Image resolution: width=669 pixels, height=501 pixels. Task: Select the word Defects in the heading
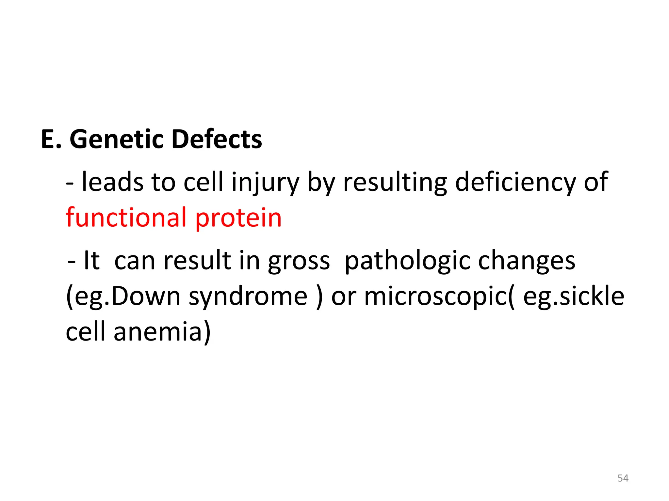click(x=217, y=139)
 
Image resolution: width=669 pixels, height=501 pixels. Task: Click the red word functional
click(x=126, y=217)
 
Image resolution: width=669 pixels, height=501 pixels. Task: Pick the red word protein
click(x=238, y=218)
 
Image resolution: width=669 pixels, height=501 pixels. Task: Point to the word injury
click(x=265, y=182)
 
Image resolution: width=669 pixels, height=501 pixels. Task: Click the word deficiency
click(x=515, y=182)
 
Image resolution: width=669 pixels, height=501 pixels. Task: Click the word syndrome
click(x=248, y=297)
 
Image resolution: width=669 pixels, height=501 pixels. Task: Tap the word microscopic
click(x=437, y=297)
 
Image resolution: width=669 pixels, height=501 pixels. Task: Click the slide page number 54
click(x=623, y=478)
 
